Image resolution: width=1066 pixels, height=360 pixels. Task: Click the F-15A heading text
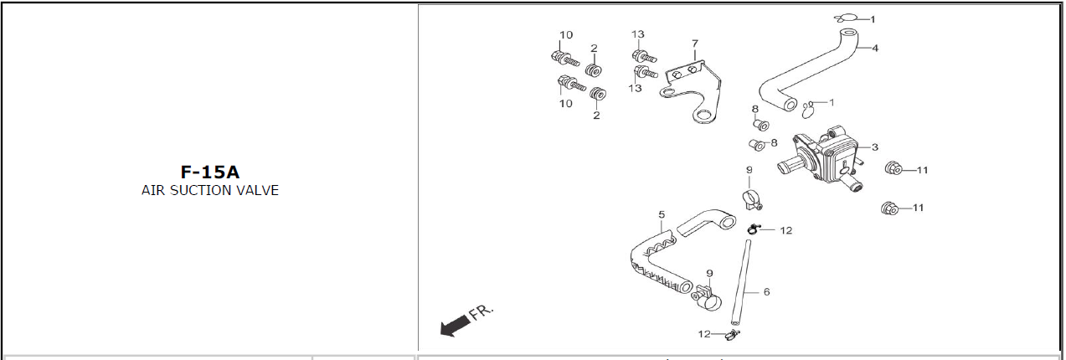coord(209,172)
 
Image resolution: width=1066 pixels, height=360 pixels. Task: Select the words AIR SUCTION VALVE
coord(209,191)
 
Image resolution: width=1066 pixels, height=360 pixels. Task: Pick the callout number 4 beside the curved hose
coord(875,48)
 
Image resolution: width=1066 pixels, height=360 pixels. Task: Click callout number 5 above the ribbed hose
coord(662,214)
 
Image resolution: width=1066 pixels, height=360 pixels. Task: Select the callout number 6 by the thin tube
coord(765,292)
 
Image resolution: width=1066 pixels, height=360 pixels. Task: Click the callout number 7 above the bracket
coord(694,44)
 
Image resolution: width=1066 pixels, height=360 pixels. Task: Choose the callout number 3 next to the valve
coord(875,147)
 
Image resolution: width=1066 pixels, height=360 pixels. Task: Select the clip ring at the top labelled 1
coord(844,18)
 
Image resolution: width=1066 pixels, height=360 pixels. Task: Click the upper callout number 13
coord(638,34)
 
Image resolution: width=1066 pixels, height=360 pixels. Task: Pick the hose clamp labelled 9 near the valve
coord(751,199)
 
